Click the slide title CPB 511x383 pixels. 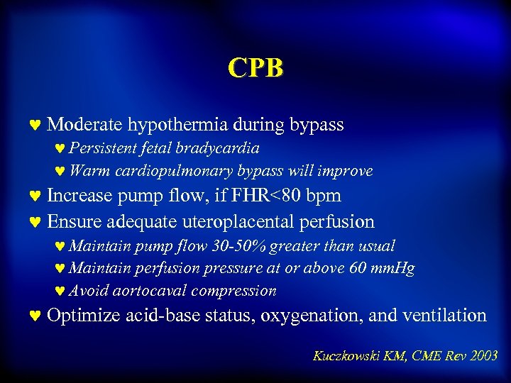[255, 67]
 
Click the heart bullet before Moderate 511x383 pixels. [35, 126]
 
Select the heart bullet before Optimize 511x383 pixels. [35, 316]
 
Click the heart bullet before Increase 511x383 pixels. [35, 196]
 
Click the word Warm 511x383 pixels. [86, 171]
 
